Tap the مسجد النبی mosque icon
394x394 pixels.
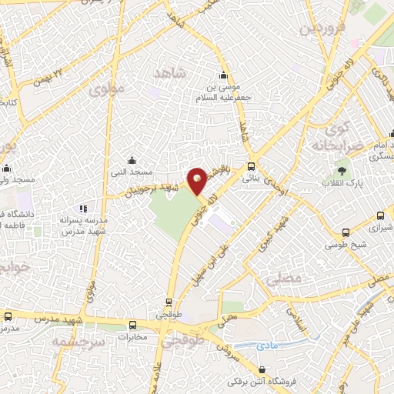click(x=132, y=160)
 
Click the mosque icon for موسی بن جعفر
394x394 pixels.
click(x=223, y=75)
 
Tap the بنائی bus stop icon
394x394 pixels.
click(x=252, y=166)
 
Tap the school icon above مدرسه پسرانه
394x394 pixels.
click(x=84, y=208)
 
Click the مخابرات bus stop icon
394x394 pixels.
click(x=132, y=325)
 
